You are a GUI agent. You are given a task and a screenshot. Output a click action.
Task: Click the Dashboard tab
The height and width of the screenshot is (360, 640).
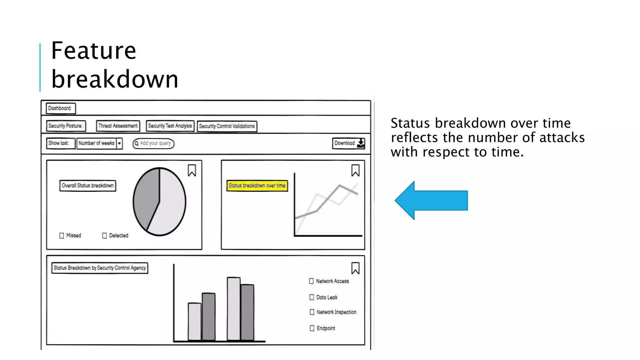coord(60,108)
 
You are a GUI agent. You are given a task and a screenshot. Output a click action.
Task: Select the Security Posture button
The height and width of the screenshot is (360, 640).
coord(66,126)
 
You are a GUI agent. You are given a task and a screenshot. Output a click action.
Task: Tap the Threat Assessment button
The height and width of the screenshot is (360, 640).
coord(118,126)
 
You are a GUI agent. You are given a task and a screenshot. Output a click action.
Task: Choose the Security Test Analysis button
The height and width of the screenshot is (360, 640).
coord(170,126)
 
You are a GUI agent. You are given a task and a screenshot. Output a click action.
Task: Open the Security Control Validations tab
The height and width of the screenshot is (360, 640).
coord(227,126)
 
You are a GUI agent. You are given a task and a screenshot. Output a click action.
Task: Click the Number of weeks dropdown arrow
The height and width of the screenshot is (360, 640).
coord(119,143)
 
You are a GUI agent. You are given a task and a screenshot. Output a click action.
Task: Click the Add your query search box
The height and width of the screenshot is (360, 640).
coord(153,143)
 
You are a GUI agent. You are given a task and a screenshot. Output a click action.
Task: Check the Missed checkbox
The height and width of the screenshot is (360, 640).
coord(62,236)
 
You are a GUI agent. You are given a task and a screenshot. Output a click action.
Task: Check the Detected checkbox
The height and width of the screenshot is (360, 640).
coord(104,236)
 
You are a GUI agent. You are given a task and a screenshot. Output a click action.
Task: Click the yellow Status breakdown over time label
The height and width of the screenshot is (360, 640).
coord(257,186)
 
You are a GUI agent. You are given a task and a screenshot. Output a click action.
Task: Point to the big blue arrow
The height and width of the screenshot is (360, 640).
coord(431,200)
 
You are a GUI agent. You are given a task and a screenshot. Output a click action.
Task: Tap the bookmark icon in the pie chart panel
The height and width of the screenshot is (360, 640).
coord(192,171)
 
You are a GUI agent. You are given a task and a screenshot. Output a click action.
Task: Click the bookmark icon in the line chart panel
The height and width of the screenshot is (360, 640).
coord(355,171)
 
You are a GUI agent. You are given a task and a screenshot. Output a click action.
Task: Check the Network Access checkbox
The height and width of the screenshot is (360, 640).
coord(311,281)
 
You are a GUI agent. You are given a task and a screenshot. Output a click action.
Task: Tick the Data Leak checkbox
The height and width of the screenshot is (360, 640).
coord(312,297)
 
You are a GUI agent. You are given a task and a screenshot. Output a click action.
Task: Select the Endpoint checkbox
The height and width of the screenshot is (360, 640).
coord(312,328)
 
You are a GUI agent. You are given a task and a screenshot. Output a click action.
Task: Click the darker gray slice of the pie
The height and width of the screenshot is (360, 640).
coord(145,200)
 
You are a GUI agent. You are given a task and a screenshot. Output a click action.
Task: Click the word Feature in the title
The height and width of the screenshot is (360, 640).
coord(93,51)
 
